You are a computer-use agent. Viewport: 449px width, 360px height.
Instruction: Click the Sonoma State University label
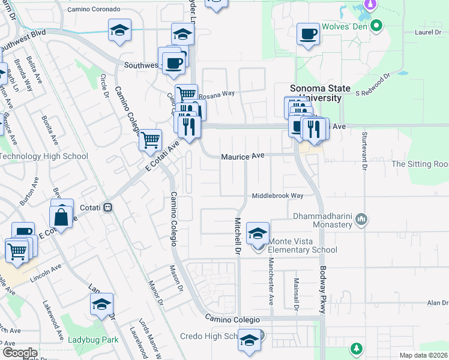(x=316, y=92)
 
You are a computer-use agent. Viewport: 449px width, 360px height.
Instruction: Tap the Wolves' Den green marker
(x=376, y=26)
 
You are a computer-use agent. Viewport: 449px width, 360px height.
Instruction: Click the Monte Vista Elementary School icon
(x=258, y=233)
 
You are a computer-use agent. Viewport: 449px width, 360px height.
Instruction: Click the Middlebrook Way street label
(x=277, y=196)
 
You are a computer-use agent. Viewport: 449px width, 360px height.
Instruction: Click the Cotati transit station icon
(x=107, y=208)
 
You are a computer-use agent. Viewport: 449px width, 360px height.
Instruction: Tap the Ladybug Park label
(x=93, y=340)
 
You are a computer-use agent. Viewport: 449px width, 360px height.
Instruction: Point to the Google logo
(x=19, y=353)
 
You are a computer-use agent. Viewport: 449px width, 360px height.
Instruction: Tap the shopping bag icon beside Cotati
(x=62, y=216)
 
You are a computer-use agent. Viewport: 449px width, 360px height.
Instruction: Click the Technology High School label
(x=44, y=157)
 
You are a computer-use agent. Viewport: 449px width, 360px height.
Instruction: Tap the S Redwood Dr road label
(x=373, y=86)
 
